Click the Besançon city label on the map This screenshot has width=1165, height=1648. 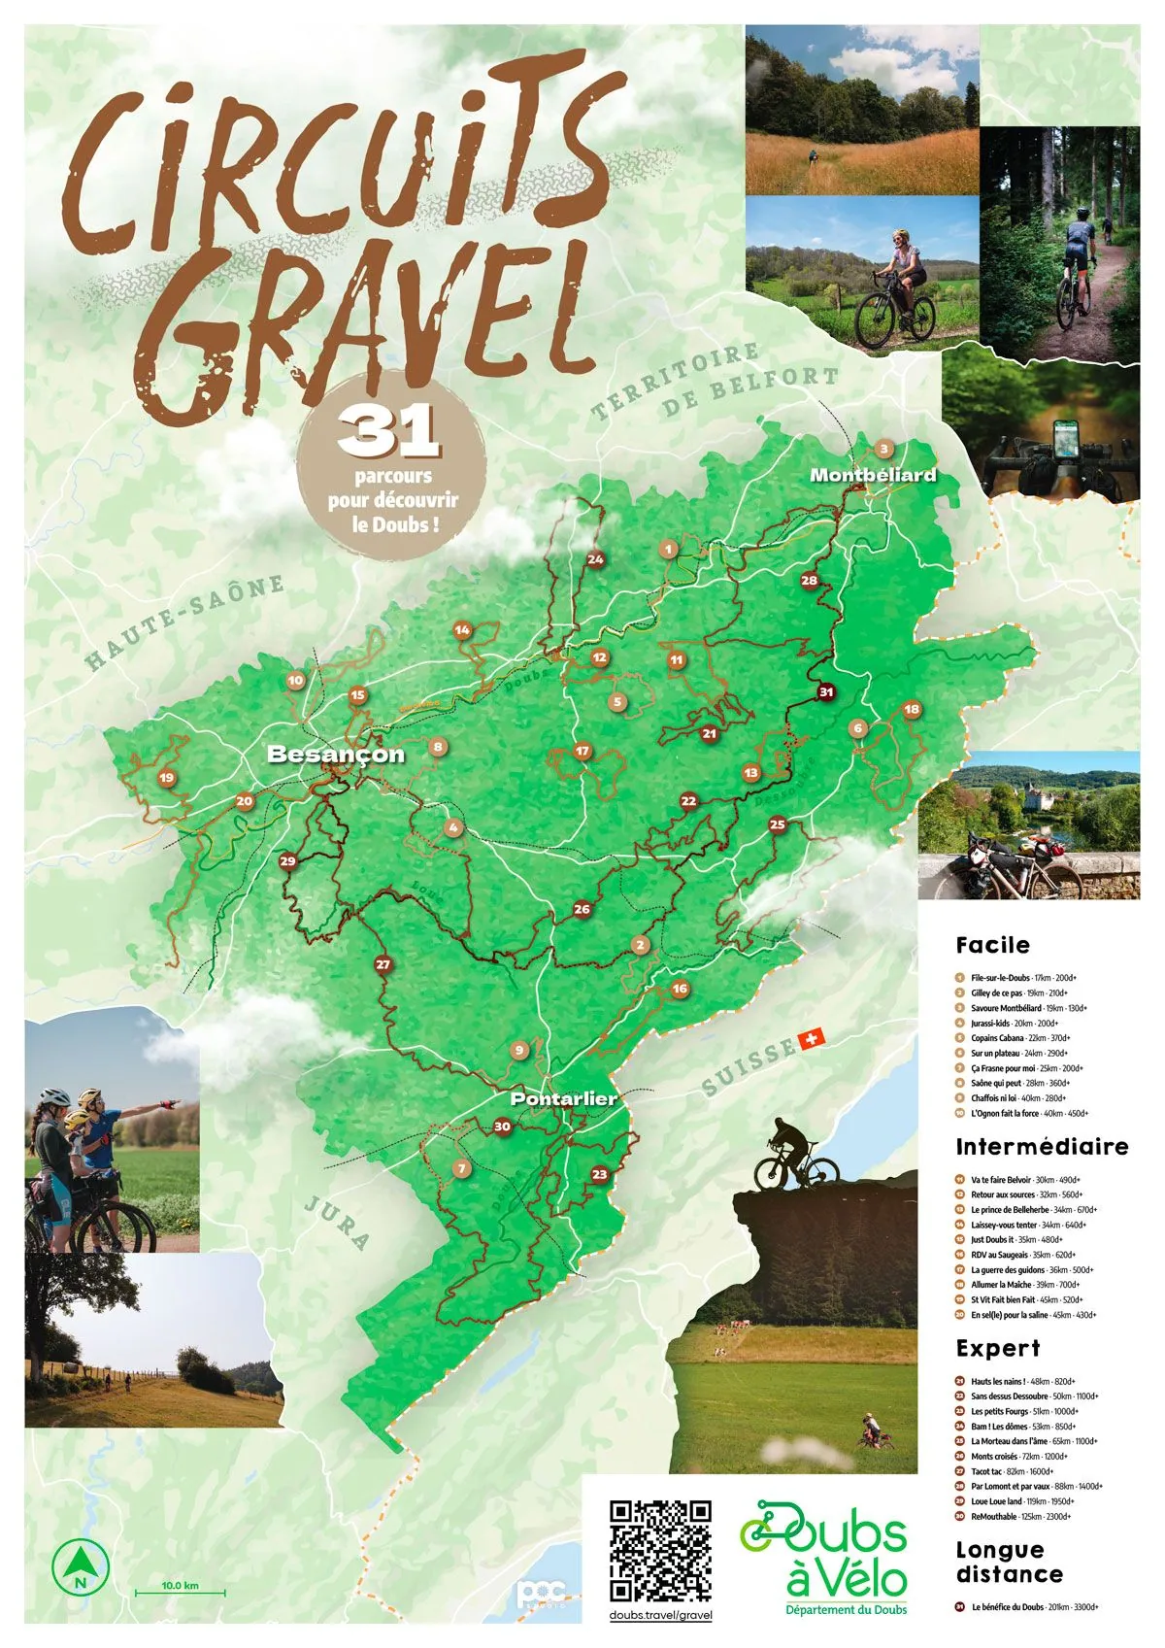[335, 755]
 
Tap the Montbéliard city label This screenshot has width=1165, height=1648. [873, 475]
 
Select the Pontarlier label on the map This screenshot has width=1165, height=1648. [564, 1098]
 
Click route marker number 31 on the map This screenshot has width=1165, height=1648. [825, 692]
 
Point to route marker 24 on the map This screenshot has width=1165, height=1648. [595, 559]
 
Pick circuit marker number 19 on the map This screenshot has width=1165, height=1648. [167, 778]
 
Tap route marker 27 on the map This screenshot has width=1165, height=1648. [383, 964]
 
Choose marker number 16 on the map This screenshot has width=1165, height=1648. [680, 989]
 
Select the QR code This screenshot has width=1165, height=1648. [660, 1550]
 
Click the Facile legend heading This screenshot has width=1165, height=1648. [992, 945]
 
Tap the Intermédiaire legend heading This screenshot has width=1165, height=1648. [1042, 1147]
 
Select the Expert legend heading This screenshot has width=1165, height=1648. [997, 1349]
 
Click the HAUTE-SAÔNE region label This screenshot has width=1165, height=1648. [184, 622]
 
